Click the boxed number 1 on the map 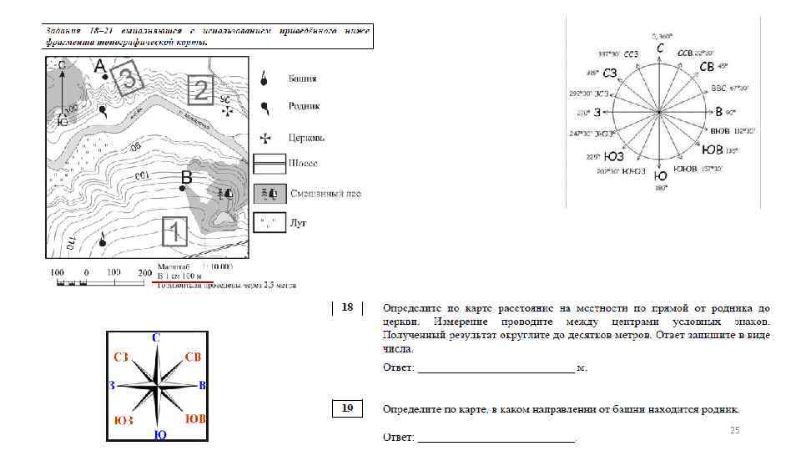(174, 232)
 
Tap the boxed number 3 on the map (128, 79)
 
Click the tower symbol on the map (103, 241)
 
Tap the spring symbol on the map (103, 109)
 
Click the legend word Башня (303, 79)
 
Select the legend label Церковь (306, 137)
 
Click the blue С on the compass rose (157, 337)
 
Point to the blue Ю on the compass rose (159, 435)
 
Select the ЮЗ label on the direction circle (615, 155)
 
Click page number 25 (735, 429)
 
